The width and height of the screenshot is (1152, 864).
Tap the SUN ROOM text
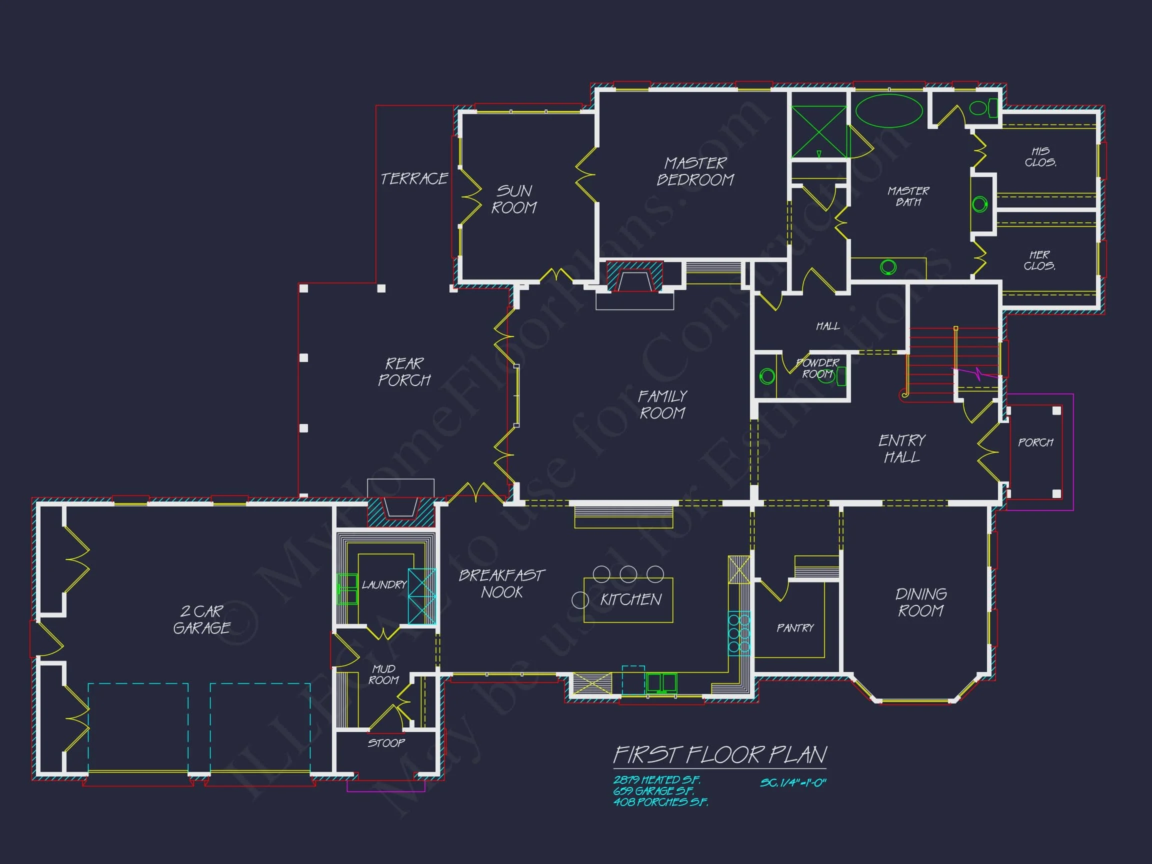(x=514, y=199)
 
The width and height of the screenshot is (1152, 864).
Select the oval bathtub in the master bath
(x=888, y=110)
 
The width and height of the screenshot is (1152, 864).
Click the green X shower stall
(x=818, y=131)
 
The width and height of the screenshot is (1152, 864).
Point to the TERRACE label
(x=414, y=178)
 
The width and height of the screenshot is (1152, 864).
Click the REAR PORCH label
(x=404, y=372)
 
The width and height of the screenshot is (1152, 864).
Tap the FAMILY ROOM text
(x=662, y=404)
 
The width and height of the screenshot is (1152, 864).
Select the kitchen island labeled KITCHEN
(x=628, y=600)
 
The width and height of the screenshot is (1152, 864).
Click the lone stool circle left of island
(x=579, y=600)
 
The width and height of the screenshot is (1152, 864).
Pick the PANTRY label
(x=794, y=628)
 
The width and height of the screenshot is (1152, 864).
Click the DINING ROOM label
(x=921, y=602)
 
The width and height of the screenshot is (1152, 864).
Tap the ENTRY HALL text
(x=902, y=448)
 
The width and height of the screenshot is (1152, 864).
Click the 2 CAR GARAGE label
(x=201, y=619)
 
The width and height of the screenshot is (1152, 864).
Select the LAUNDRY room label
(x=384, y=585)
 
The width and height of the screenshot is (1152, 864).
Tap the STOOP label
(x=386, y=742)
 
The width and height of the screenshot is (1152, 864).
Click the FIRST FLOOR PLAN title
(x=719, y=754)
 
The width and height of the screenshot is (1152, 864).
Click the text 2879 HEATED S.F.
(x=656, y=779)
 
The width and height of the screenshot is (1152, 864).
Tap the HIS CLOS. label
(x=1040, y=157)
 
